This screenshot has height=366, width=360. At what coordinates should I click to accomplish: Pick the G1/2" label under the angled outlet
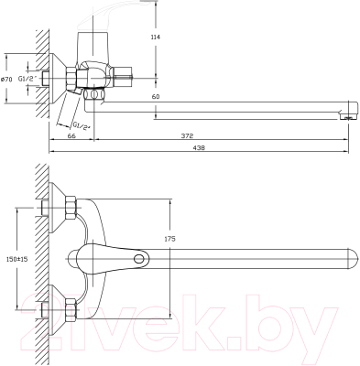[82, 124]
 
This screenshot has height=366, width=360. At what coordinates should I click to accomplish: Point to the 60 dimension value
[156, 96]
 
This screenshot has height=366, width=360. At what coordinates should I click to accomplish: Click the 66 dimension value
[71, 136]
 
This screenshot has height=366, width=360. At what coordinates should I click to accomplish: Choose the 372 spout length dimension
[187, 136]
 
